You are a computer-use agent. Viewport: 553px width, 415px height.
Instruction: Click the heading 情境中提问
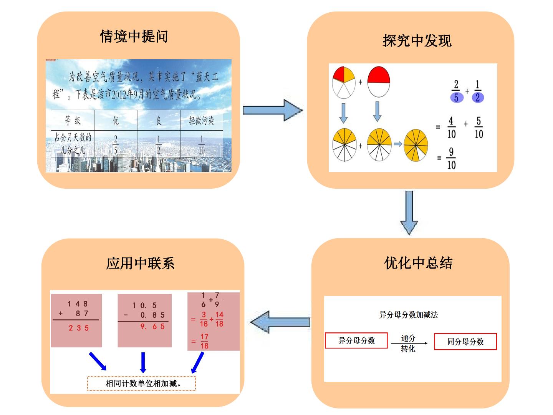[134, 37]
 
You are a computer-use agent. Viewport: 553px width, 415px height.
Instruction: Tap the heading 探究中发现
[417, 41]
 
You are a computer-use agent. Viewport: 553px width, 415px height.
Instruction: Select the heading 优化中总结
[418, 263]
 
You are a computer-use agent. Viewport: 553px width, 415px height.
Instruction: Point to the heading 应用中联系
[140, 264]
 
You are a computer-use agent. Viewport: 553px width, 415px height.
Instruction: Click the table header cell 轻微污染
[202, 121]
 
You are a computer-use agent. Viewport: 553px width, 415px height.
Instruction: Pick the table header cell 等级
[73, 120]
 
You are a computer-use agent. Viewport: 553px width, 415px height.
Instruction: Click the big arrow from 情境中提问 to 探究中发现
[273, 110]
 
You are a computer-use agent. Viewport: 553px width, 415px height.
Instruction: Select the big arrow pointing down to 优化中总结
[409, 213]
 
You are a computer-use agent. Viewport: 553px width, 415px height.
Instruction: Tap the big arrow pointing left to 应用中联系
[280, 322]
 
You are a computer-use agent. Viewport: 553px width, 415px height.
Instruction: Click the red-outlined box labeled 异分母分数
[356, 341]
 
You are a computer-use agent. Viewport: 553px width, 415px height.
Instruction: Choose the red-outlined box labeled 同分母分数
[465, 342]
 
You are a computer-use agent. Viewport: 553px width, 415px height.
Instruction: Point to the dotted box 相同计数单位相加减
[141, 383]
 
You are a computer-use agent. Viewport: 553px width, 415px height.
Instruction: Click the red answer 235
[79, 328]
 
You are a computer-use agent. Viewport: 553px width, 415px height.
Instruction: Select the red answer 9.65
[152, 327]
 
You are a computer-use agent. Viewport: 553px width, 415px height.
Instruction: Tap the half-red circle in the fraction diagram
[379, 82]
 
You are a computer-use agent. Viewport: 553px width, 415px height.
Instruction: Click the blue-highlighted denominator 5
[457, 98]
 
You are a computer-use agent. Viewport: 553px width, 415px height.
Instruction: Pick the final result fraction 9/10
[451, 158]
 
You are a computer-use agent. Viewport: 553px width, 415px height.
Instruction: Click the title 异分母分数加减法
[408, 315]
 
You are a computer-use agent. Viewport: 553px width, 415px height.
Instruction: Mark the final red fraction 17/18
[204, 342]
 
